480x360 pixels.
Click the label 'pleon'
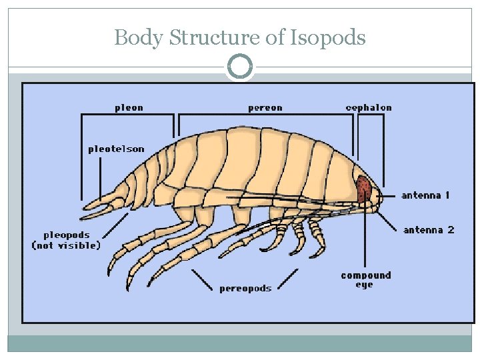click(129, 107)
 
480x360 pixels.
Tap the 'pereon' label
click(265, 107)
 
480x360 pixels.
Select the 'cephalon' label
click(369, 107)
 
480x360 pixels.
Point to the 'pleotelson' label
click(116, 149)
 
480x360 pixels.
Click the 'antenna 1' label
click(425, 195)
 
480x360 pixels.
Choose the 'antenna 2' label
click(429, 230)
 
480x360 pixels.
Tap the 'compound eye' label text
click(365, 280)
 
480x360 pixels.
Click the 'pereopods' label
click(245, 288)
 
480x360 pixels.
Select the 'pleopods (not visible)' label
click(66, 240)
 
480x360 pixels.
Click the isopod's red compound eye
click(363, 190)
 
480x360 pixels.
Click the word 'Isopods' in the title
click(327, 37)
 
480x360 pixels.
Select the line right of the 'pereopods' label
click(287, 279)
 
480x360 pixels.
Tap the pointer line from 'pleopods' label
click(117, 224)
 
